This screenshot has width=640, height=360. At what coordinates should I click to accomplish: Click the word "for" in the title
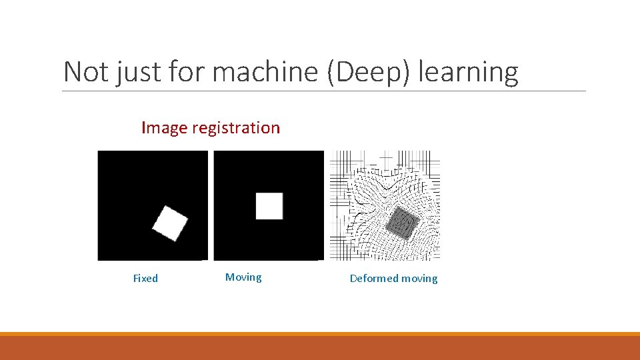point(183,72)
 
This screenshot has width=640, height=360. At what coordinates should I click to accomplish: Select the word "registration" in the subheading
point(236,128)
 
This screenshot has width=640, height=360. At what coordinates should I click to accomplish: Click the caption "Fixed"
point(145,279)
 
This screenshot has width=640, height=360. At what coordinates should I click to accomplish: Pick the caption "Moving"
point(243,277)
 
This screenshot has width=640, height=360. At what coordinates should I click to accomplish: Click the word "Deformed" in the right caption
point(374,279)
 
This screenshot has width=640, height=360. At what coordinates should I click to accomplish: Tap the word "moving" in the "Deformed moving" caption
point(420,279)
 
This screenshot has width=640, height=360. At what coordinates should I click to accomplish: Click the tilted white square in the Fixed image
point(170,223)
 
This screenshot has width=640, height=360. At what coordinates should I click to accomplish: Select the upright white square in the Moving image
point(269,206)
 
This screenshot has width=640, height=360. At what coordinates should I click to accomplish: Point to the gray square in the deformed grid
point(402,223)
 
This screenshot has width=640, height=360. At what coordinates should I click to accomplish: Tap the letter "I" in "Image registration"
point(143,128)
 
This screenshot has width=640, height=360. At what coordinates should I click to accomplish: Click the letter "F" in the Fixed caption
point(135,279)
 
